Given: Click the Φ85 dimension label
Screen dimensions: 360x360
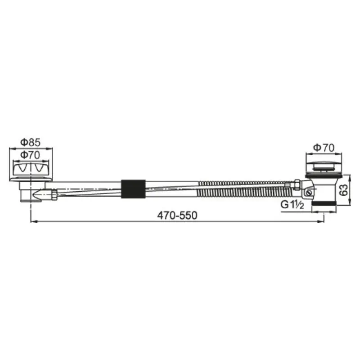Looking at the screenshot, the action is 30,142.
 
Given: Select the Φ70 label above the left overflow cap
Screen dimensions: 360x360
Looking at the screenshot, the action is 30,155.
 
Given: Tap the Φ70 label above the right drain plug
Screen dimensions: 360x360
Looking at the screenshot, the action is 324,148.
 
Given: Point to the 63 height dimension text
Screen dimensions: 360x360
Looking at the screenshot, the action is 343,190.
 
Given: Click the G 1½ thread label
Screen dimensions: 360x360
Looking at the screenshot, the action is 292,205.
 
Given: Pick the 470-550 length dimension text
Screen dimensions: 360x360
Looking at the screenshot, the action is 177,216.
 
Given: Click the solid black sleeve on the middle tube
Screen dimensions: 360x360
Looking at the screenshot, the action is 133,189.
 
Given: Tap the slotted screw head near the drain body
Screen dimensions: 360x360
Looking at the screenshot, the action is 309,193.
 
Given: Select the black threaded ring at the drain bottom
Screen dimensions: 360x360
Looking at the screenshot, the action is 324,203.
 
